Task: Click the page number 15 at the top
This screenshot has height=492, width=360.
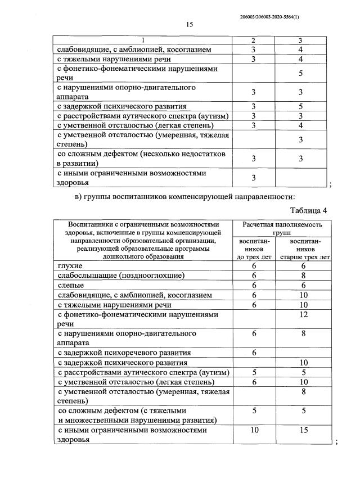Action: coord(190,24)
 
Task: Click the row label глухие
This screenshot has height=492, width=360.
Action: coord(70,265)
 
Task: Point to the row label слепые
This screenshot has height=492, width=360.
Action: coord(70,285)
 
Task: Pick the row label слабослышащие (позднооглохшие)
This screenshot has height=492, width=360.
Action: coord(121,276)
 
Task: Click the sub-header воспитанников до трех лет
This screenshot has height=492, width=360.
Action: coord(254,249)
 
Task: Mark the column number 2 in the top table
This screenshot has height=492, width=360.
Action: coord(254,40)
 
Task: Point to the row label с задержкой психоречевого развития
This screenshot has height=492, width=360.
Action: coord(124,353)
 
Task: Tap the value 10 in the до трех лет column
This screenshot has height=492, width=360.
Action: coord(254,430)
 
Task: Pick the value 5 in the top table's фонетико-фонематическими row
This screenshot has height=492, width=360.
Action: coord(301,73)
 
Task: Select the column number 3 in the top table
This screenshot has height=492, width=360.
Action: coord(301,40)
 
